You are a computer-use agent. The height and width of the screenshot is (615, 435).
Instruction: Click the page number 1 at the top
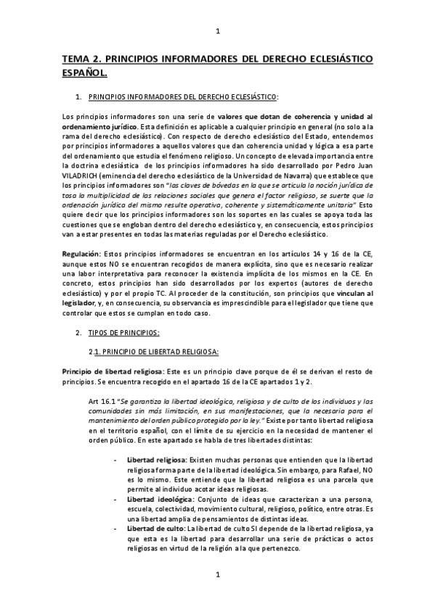[218, 31]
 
